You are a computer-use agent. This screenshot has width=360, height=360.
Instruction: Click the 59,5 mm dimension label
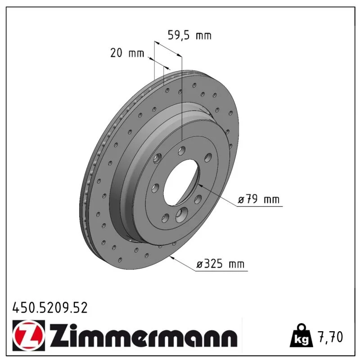pos(189,36)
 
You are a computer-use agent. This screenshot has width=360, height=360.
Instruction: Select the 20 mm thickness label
pos(127,53)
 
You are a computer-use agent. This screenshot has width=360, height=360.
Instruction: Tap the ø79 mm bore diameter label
pos(258,199)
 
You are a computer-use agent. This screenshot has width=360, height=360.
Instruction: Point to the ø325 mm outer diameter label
pos(220,264)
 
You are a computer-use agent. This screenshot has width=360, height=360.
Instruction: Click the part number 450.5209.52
pos(50,308)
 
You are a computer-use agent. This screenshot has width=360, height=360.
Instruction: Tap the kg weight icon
pos(301,337)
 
